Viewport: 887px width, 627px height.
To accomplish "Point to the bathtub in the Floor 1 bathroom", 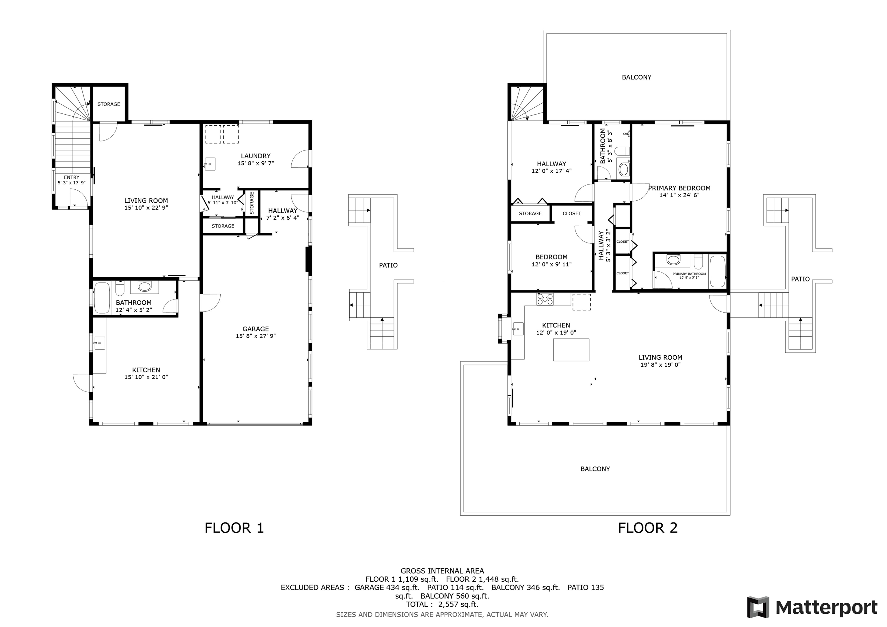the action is point(102,298).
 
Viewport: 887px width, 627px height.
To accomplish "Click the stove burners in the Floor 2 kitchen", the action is point(545,299).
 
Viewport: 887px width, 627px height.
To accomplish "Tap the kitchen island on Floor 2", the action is point(571,350).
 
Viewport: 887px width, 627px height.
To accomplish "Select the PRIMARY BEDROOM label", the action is point(679,188).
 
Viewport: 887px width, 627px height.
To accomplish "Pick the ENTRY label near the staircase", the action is point(72,177).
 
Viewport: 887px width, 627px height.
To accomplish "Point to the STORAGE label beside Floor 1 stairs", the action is point(109,104).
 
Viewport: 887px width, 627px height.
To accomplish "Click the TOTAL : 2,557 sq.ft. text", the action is point(442,604).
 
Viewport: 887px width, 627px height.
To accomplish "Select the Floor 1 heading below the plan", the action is point(234,528).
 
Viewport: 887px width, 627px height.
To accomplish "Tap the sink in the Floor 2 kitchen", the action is point(518,329).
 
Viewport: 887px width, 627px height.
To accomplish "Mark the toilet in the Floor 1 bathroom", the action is point(120,288).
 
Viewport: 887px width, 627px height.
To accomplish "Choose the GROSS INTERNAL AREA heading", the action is point(442,571).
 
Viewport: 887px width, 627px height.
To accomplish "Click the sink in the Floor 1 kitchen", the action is point(99,343).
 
